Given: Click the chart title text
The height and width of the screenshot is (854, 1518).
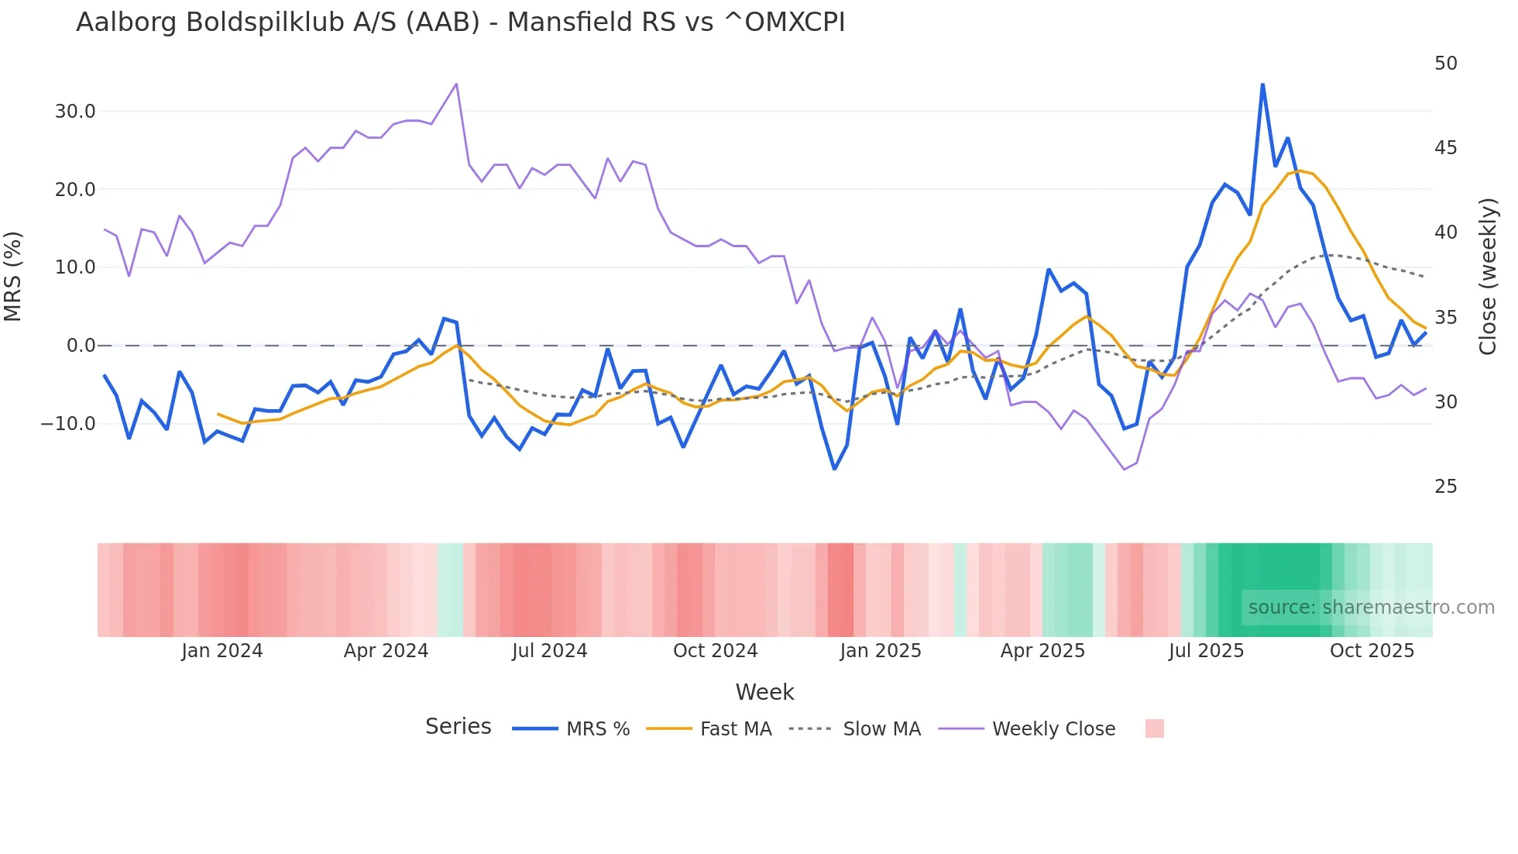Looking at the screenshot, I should coord(460,22).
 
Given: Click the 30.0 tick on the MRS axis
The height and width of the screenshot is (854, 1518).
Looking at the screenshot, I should coord(75,112).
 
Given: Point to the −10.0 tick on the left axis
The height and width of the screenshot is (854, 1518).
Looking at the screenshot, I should coord(68,424).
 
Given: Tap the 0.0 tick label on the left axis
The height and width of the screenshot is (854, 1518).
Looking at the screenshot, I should coord(81,346).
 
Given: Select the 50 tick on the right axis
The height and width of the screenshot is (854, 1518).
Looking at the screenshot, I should coord(1445,64).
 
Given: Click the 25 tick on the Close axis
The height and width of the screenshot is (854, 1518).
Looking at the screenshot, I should coord(1445,487).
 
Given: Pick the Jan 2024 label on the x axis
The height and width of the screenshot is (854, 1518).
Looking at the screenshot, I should coord(222,651).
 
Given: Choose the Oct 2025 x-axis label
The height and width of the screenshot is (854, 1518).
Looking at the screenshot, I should coord(1372,651).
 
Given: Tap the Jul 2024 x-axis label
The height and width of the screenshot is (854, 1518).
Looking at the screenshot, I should coord(549,651).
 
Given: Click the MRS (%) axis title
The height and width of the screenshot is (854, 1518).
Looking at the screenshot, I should coord(13,276).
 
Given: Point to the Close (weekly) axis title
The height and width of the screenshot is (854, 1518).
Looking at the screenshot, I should coord(1487,277).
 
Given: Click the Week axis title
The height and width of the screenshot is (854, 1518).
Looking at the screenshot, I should coord(764,692).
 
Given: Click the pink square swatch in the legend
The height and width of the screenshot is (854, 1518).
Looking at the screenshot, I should coord(1154,728).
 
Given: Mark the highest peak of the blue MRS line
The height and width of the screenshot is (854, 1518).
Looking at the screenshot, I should coord(1262,84).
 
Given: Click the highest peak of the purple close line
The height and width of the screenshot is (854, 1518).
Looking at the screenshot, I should coord(456,84).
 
